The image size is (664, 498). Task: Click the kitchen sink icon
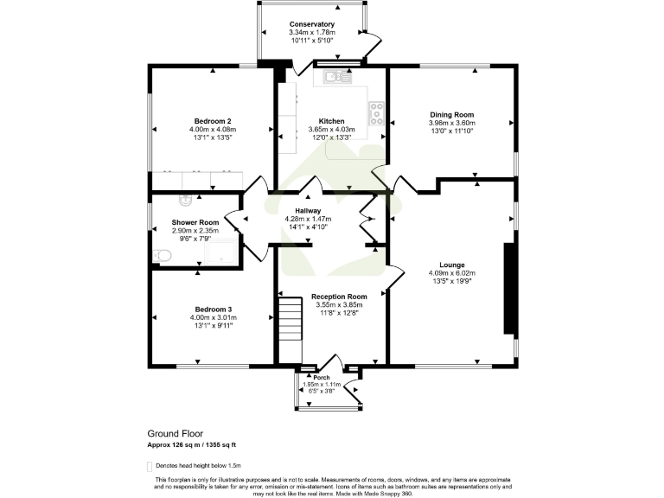point(337,77)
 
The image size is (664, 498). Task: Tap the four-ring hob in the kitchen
point(377,112)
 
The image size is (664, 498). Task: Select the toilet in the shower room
point(162,256)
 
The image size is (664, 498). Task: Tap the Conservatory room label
point(311,24)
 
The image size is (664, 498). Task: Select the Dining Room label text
point(452,114)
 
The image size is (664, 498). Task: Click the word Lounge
point(451,265)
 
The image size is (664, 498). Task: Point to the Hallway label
point(308,210)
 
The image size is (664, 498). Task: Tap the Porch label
point(321,378)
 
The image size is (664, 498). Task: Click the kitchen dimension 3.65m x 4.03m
point(332,130)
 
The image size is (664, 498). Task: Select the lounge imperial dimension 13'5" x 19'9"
point(451,282)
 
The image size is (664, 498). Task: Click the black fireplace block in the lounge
point(509,288)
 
